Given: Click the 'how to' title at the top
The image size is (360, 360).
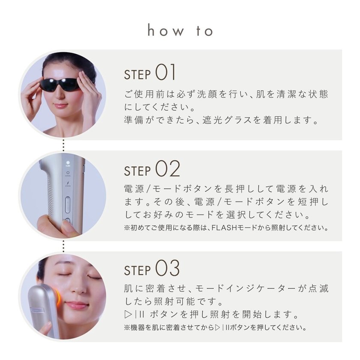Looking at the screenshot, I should coord(180,31).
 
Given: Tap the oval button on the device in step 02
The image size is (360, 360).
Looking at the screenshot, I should coord(67,205).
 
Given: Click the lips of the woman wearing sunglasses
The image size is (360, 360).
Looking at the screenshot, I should coord(60,106).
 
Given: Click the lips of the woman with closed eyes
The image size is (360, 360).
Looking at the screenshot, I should coord(77,306).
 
